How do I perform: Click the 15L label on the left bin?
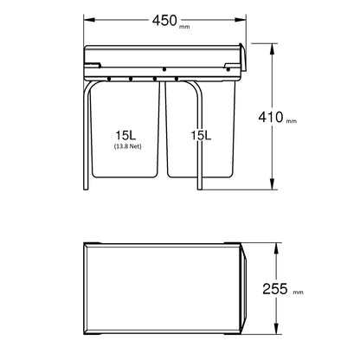(x=126, y=134)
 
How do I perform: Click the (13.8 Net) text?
(x=126, y=146)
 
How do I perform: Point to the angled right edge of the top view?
(x=245, y=288)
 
